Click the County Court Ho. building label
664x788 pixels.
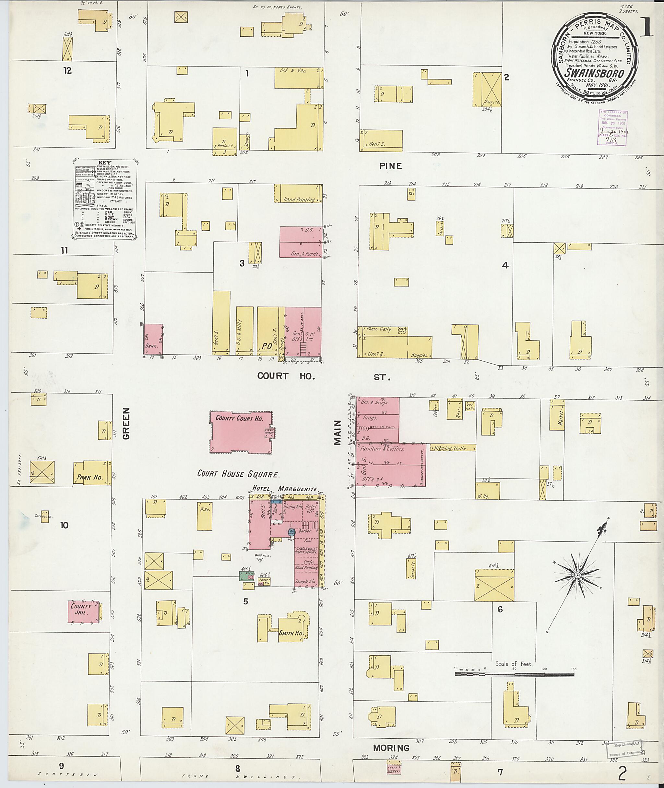point(239,418)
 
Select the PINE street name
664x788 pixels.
point(390,166)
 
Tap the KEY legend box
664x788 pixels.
point(104,199)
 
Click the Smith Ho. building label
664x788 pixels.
point(290,633)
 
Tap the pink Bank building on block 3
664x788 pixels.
point(153,339)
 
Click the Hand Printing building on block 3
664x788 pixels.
point(299,194)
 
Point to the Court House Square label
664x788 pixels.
point(238,474)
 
